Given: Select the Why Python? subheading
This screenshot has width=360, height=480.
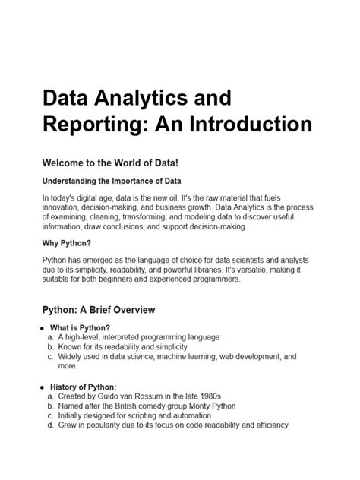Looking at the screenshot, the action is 67,244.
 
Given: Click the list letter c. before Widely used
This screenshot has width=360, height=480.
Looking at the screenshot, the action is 50,355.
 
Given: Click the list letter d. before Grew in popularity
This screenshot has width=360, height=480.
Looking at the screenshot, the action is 50,425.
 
